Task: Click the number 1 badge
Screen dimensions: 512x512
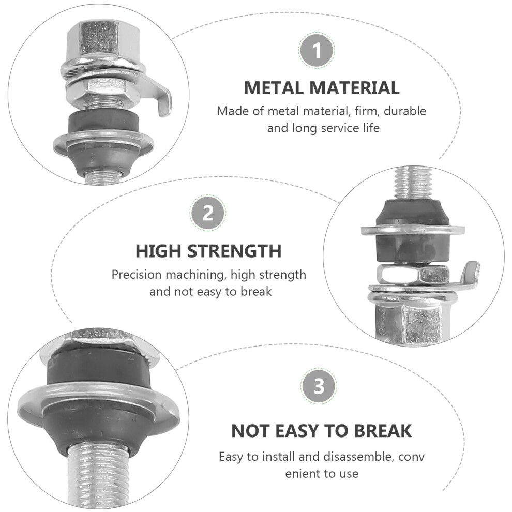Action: (x=317, y=51)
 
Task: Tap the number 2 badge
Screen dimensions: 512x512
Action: (x=208, y=213)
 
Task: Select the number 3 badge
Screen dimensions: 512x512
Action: (x=319, y=386)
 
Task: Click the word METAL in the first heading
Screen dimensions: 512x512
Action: (x=274, y=88)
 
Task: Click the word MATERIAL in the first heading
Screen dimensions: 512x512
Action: (x=354, y=88)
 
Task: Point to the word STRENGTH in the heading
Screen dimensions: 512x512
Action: (x=235, y=251)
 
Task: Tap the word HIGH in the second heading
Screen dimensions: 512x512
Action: (x=158, y=251)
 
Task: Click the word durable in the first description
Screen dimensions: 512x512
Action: (x=405, y=111)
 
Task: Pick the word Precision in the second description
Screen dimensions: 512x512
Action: (x=137, y=275)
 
